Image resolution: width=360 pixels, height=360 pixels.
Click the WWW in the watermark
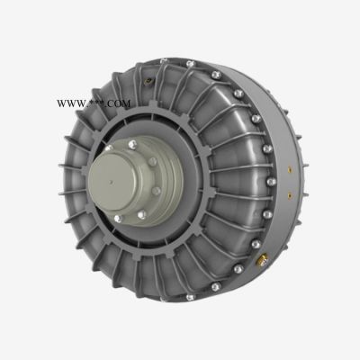click(70, 104)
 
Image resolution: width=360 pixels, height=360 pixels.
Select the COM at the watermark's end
click(119, 104)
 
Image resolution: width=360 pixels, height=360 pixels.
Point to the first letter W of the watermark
click(61, 104)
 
